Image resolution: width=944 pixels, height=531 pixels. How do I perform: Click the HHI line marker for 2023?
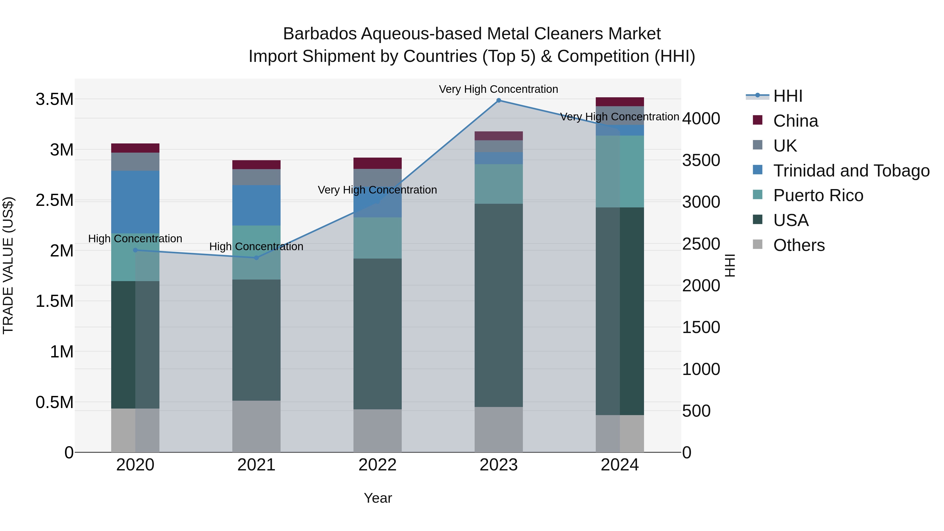coord(498,100)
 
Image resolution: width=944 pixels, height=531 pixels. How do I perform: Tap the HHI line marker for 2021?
coord(256,258)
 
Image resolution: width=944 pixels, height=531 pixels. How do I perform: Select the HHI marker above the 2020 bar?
coord(135,250)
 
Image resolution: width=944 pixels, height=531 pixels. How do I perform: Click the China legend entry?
coord(795,121)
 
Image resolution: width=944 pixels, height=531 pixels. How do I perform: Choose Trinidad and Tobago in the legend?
coord(851,171)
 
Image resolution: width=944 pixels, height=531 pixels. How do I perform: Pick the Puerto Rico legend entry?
coord(818,195)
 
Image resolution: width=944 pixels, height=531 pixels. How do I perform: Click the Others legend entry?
coord(799,245)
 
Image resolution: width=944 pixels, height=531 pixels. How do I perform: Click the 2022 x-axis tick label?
coord(377,465)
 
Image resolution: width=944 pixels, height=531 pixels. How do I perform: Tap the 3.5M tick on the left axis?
coord(54,99)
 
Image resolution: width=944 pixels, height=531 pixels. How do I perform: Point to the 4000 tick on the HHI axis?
coord(701,119)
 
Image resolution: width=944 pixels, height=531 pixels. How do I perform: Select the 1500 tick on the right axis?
coord(701,327)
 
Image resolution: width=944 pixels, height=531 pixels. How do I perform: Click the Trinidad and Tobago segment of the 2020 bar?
coord(135,202)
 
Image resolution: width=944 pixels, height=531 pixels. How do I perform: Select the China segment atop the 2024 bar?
coord(620,101)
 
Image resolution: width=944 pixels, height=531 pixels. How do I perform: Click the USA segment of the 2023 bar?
coord(498,305)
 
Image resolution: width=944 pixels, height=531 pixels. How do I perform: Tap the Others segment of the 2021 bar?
coord(256,426)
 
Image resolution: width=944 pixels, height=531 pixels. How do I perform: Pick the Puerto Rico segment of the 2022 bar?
coord(377,238)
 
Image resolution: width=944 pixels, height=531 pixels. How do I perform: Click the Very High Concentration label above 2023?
coord(498,89)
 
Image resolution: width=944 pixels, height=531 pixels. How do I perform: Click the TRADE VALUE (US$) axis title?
coord(8,265)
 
